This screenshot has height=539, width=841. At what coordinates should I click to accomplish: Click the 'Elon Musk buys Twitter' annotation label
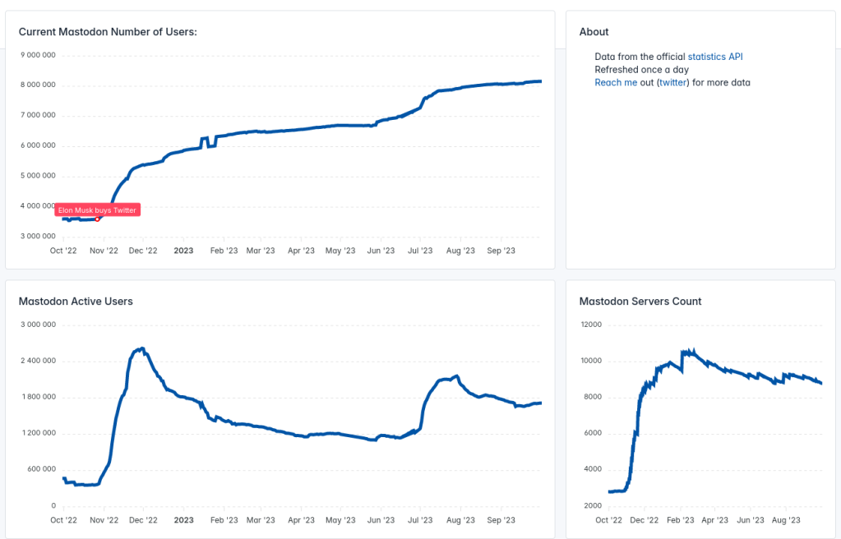click(97, 210)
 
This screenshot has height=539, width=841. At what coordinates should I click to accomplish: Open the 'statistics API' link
click(714, 57)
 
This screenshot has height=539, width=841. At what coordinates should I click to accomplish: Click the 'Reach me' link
click(616, 83)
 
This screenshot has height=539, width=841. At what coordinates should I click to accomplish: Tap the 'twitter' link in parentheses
click(672, 83)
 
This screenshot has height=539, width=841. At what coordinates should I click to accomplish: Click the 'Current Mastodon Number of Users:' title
click(108, 32)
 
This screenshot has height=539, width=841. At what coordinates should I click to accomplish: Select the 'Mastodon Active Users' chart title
click(76, 302)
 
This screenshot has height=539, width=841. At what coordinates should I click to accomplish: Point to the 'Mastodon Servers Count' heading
click(640, 302)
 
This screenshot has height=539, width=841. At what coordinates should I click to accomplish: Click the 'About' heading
click(594, 32)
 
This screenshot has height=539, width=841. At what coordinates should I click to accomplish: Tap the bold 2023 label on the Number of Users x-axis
click(183, 251)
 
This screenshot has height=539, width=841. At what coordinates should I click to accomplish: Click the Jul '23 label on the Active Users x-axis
click(420, 520)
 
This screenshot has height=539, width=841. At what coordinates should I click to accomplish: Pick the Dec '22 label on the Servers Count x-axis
click(645, 520)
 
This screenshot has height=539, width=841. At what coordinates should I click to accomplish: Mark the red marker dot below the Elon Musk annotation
click(98, 219)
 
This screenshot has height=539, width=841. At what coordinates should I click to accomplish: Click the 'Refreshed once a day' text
click(641, 70)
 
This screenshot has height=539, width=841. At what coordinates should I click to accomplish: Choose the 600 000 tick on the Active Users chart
click(40, 469)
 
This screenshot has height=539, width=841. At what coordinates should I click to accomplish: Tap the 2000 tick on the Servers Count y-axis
click(593, 505)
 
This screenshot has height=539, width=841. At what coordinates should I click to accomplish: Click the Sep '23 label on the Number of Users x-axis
click(501, 251)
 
